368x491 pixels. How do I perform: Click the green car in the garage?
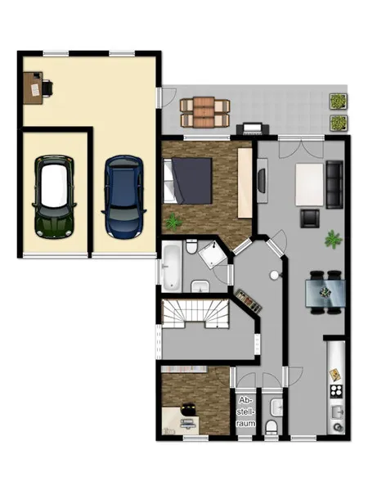(x=55, y=196)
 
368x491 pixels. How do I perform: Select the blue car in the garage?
(x=124, y=196)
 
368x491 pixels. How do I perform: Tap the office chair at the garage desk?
(x=47, y=87)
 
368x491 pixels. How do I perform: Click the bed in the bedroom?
(x=187, y=181)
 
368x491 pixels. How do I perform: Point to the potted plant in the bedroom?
(x=173, y=222)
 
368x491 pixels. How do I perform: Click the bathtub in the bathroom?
(x=171, y=267)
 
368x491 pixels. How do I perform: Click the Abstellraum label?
(x=245, y=412)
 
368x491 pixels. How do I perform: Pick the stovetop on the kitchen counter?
(x=336, y=390)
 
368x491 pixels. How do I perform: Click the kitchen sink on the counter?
(x=337, y=412)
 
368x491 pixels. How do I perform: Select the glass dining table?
(x=325, y=293)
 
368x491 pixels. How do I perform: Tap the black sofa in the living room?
(x=334, y=184)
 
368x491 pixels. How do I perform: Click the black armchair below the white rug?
(x=310, y=218)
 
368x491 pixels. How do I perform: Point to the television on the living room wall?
(x=262, y=181)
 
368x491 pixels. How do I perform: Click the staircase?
(x=195, y=313)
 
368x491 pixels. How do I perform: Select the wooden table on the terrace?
(x=204, y=113)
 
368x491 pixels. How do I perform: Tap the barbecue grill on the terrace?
(x=253, y=128)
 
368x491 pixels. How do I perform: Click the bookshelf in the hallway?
(x=248, y=301)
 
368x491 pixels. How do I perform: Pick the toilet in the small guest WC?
(x=271, y=428)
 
